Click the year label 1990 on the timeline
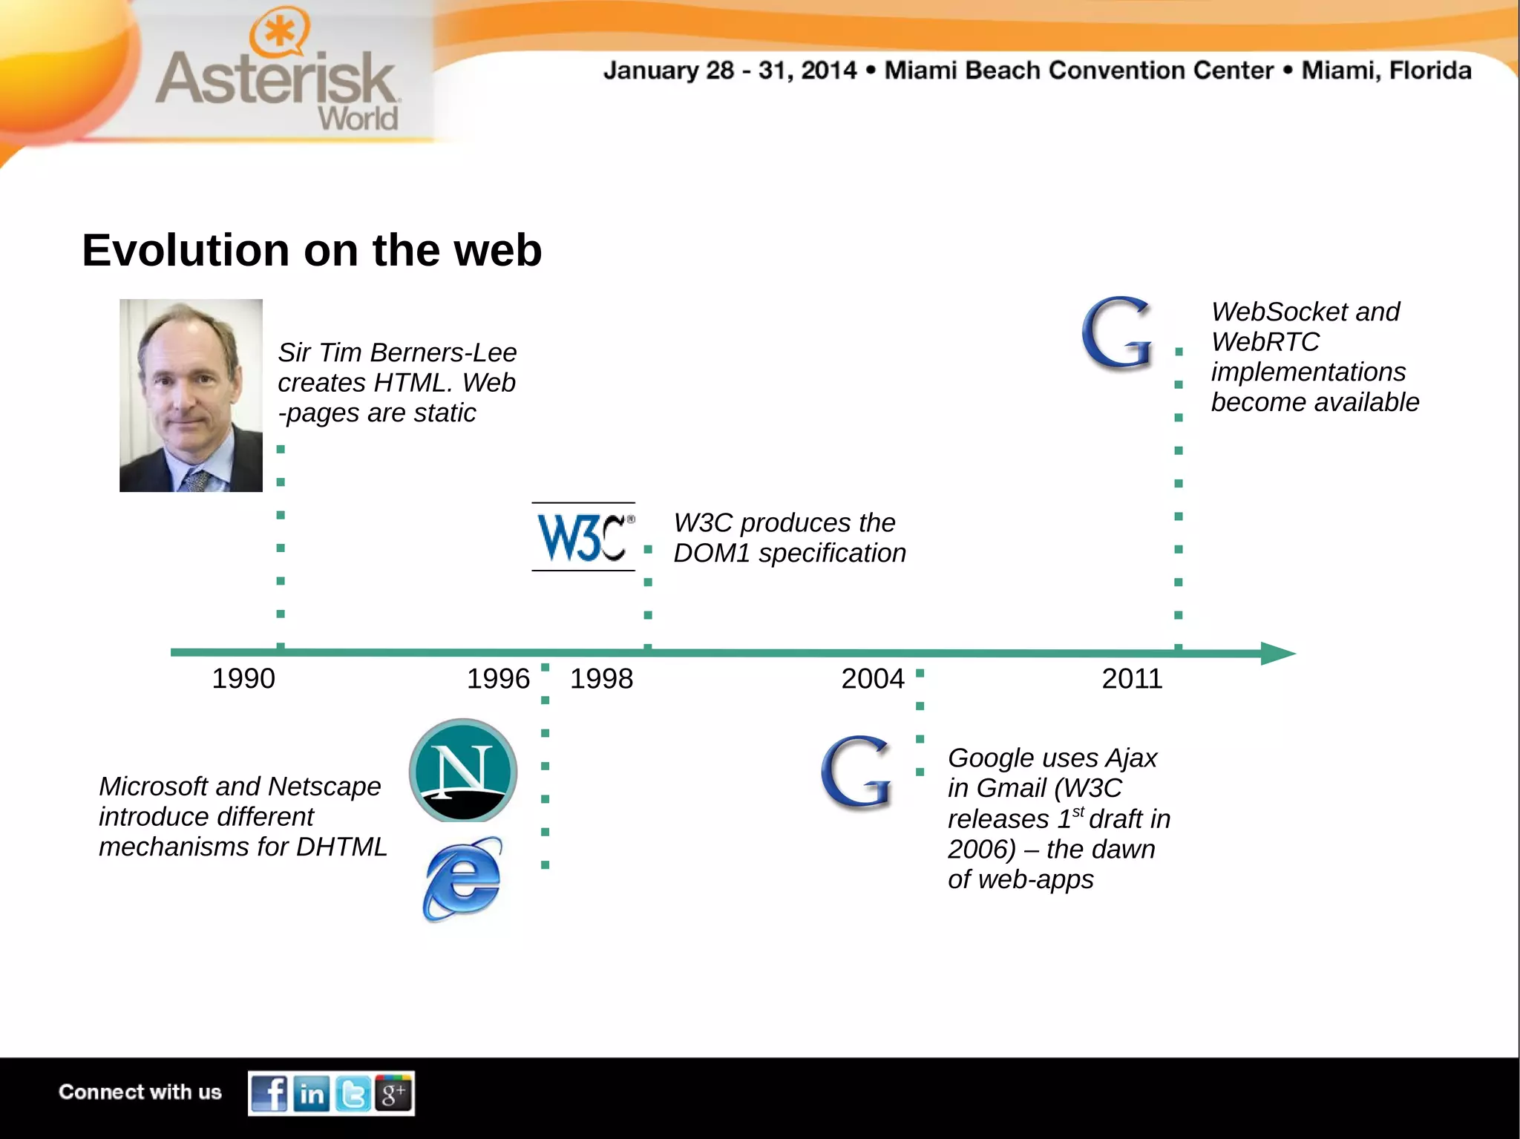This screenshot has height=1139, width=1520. point(243,678)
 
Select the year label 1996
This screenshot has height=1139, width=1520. point(498,678)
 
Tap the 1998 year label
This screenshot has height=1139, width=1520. point(601,678)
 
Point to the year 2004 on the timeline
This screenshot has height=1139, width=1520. point(873,678)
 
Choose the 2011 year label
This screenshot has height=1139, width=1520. point(1132,678)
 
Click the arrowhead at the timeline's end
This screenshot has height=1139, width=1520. point(1278,653)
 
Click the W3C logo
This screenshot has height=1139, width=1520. point(583,537)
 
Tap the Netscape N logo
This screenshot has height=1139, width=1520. point(463,770)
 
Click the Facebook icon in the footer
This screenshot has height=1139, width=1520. point(269,1094)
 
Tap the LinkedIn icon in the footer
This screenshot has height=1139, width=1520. point(312,1094)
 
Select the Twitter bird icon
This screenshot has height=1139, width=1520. point(353,1094)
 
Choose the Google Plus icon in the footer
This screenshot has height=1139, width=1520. point(393,1094)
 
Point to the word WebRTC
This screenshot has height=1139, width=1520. point(1265,342)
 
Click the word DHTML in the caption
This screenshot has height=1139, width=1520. point(341,847)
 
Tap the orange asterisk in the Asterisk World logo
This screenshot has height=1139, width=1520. point(278,32)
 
